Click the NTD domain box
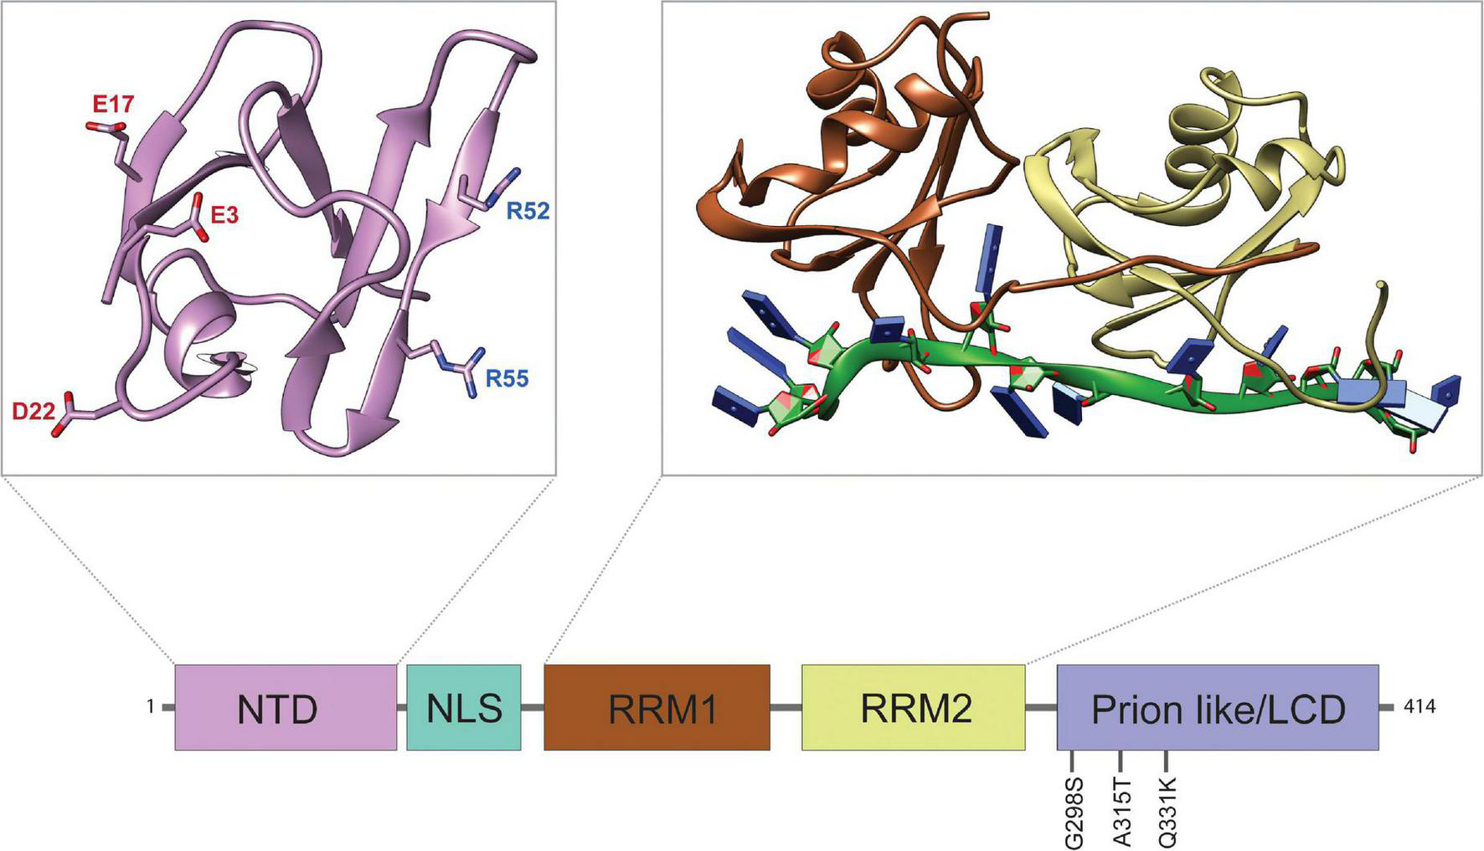[286, 707]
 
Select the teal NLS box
[463, 707]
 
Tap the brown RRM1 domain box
[657, 707]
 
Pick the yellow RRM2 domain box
[913, 707]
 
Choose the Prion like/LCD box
[1218, 707]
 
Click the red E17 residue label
[113, 104]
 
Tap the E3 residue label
[224, 215]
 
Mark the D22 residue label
[33, 410]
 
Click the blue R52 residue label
[528, 211]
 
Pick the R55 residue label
[508, 379]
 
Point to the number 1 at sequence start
[151, 707]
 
